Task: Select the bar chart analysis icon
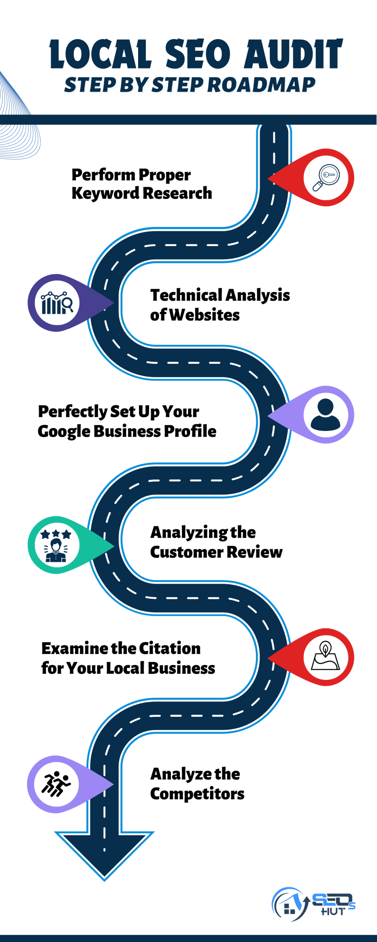click(57, 303)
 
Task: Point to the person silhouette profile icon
click(325, 414)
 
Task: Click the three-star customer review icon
click(56, 546)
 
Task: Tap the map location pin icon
click(325, 656)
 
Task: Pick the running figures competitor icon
click(56, 784)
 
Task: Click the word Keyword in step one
click(99, 193)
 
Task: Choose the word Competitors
click(197, 794)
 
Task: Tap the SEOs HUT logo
click(313, 904)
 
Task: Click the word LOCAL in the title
click(101, 54)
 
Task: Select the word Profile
click(190, 431)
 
